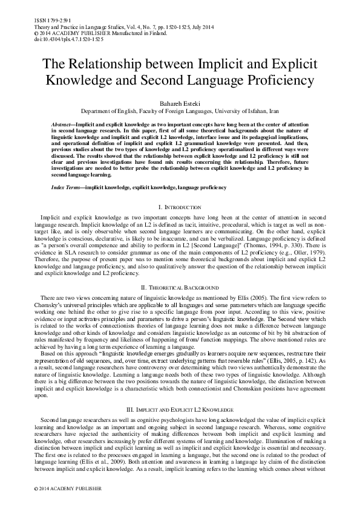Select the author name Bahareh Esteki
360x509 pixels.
(180, 104)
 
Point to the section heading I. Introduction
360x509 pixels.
(180, 207)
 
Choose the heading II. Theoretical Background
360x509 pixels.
(180, 287)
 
